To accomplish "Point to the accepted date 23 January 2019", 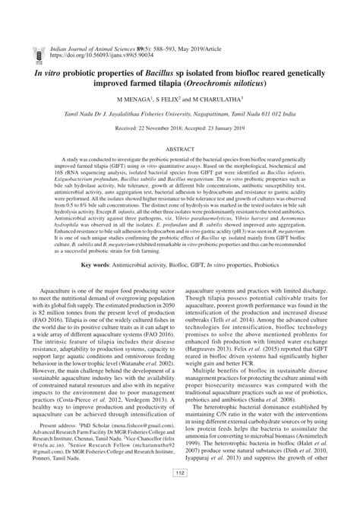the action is coord(223,130).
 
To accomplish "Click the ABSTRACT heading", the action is coord(180,151).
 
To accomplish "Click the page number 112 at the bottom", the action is coord(180,495).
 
